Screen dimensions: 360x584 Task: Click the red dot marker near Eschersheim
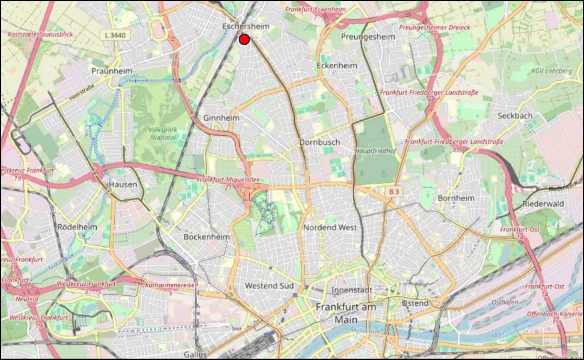tap(244, 40)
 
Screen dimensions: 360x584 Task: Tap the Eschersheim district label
tap(246, 27)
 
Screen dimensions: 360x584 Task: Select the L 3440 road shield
tap(115, 35)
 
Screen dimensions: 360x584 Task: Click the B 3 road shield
tap(394, 191)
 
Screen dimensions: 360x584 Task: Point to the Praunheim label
tap(112, 71)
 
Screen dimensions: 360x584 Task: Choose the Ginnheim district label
tap(221, 118)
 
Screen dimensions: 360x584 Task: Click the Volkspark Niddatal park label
tap(162, 133)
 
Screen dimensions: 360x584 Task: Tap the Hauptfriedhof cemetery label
tap(375, 151)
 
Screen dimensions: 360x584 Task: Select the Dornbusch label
tap(319, 142)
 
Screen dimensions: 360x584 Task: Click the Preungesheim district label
tap(368, 37)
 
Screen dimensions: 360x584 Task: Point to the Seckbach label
tap(515, 116)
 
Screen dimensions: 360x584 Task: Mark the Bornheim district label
tap(456, 198)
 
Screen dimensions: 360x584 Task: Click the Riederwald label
tap(543, 204)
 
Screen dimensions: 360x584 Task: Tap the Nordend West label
tap(330, 227)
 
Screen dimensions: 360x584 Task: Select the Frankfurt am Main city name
tap(346, 313)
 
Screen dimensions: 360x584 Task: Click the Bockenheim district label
tap(207, 237)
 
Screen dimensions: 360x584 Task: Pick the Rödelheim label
tap(77, 227)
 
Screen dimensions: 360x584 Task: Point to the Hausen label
tap(123, 184)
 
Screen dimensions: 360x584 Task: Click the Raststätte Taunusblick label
tap(40, 34)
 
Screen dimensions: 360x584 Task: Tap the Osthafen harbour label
tap(505, 302)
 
